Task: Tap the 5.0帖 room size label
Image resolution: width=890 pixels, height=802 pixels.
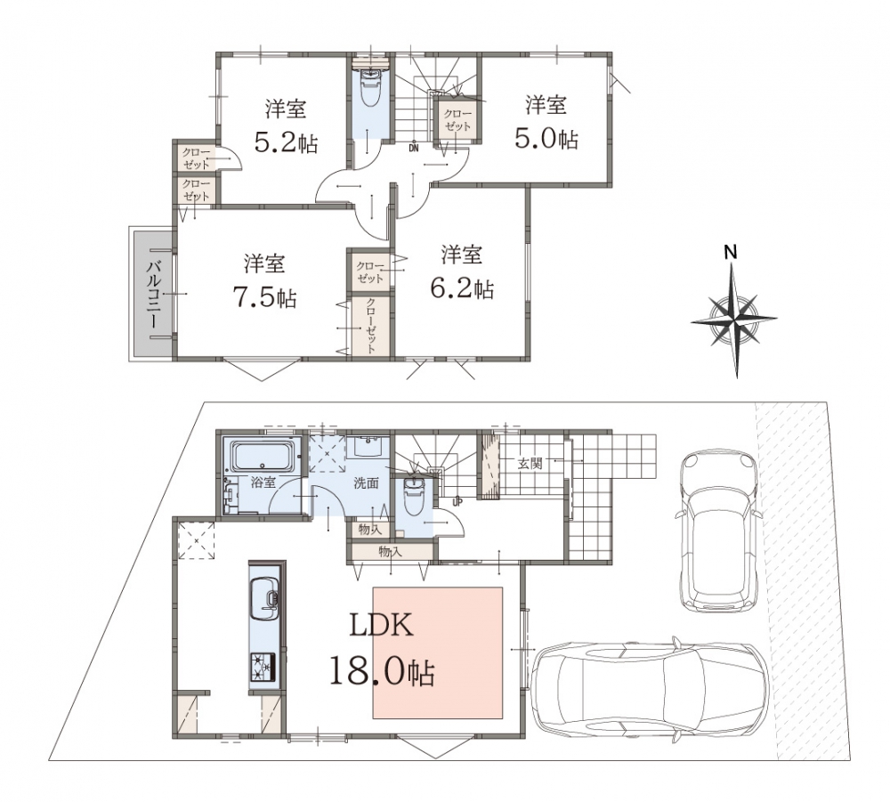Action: [546, 138]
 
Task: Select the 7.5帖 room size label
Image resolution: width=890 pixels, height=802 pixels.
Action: [264, 296]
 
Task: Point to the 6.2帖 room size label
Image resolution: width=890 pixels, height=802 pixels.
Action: [462, 288]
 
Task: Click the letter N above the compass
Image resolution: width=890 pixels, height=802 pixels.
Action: [731, 252]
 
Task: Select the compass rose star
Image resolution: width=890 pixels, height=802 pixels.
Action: [735, 320]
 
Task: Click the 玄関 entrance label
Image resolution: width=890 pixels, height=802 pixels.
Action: [530, 464]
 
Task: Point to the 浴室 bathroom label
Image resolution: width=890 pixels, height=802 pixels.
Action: [263, 482]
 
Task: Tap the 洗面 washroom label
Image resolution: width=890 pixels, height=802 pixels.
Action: [366, 483]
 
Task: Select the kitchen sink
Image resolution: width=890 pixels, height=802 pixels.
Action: [264, 599]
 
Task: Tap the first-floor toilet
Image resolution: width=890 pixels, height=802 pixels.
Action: [413, 493]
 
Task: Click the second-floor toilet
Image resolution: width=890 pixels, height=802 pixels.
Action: [370, 88]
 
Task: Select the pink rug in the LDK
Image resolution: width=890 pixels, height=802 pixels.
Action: [438, 652]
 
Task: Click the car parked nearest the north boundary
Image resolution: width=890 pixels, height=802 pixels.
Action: [718, 531]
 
